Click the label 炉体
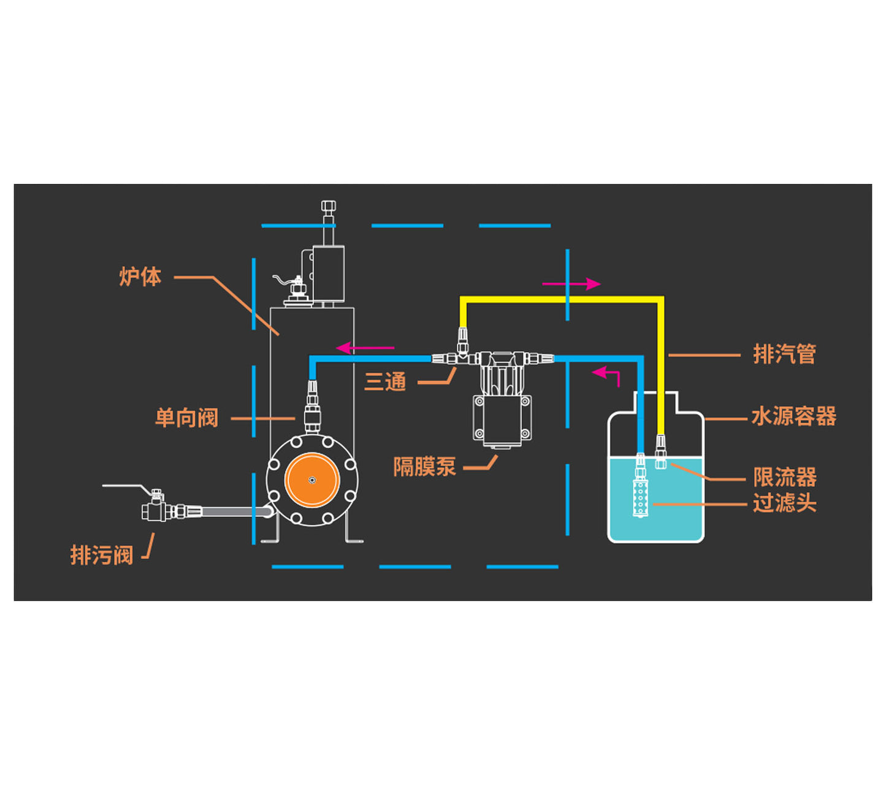coord(140,277)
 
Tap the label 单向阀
coord(186,418)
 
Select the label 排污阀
coord(102,555)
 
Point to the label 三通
coord(385,382)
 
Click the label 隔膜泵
coord(424,467)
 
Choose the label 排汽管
coord(784,354)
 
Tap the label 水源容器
coord(793,417)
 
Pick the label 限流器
coord(785,477)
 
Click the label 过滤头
coord(785,504)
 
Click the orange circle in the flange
coord(312,480)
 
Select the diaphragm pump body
coord(502,420)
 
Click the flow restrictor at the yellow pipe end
coord(660,452)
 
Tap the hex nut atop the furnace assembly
coord(329,206)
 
